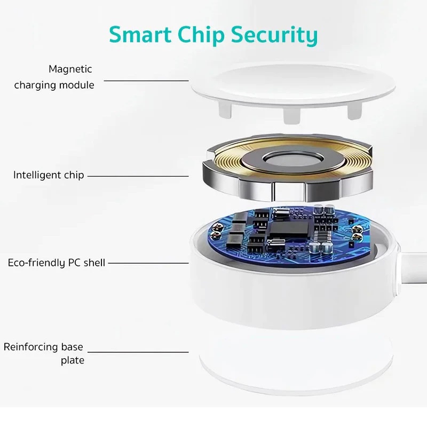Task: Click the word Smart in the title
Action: pos(140,34)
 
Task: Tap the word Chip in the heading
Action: pos(201,35)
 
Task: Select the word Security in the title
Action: pos(274,35)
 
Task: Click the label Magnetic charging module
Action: pos(54,77)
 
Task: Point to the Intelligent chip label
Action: pos(49,175)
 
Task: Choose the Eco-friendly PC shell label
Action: pos(57,263)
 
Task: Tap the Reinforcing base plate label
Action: pos(44,353)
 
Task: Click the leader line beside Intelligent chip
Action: pos(138,176)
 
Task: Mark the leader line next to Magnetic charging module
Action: pos(146,81)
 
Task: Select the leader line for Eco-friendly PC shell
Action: pos(148,263)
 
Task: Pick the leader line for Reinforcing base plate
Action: pos(138,352)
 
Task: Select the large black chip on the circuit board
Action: pos(289,229)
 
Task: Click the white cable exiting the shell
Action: pos(413,268)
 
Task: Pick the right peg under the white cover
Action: pos(354,111)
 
